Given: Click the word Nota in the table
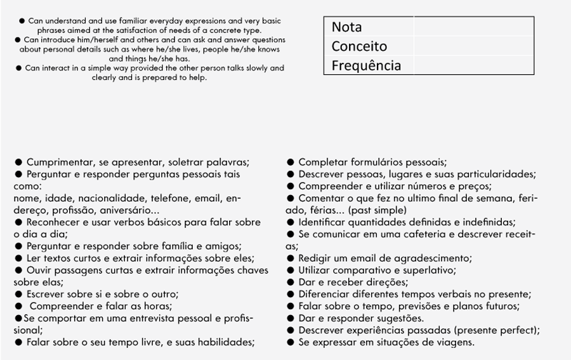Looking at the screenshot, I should [x=346, y=27].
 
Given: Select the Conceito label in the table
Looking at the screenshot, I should [x=359, y=46].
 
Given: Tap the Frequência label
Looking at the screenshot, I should [x=366, y=65].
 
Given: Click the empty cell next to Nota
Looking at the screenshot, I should [x=473, y=27].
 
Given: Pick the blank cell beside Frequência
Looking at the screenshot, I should [x=473, y=65].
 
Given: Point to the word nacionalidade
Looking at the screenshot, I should [x=95, y=198].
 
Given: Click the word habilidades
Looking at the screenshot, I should [x=223, y=342].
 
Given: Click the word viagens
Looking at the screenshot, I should [x=454, y=342].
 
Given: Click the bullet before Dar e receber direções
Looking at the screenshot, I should [x=290, y=283].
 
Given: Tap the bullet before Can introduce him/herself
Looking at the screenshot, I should [x=19, y=40].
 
